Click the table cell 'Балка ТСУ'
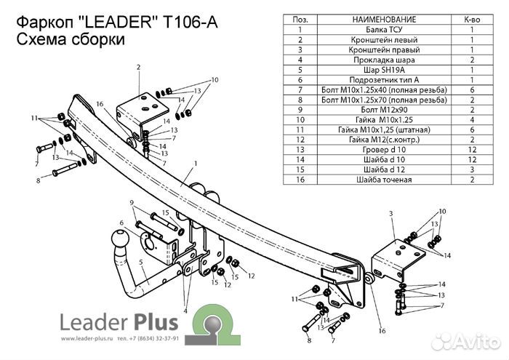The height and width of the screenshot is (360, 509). [373, 30]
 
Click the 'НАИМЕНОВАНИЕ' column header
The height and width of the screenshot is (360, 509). [373, 20]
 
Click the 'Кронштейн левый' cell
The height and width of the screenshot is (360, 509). [373, 40]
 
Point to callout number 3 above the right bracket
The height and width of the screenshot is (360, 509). [390, 212]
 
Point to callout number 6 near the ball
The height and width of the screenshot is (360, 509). [113, 223]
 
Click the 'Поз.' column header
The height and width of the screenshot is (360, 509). [299, 20]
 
